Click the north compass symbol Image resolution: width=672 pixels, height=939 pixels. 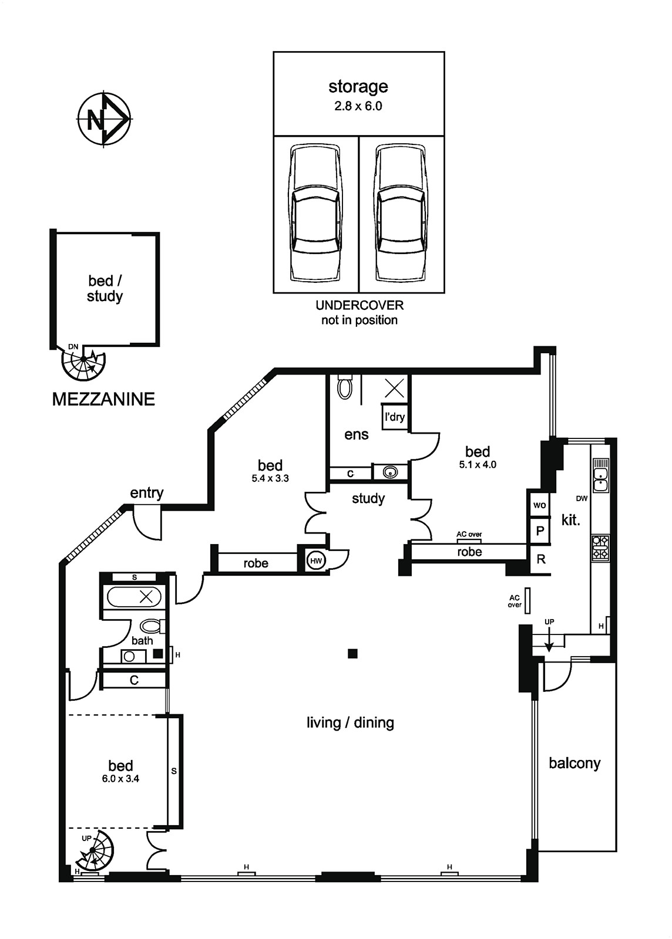click(103, 119)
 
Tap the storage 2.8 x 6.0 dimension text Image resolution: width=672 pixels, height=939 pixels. click(358, 106)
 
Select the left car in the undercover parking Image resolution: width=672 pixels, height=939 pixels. click(316, 214)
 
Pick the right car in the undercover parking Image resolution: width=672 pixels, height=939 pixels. click(402, 214)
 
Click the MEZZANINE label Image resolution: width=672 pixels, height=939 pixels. click(103, 399)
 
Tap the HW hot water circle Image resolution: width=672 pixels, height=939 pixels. click(316, 560)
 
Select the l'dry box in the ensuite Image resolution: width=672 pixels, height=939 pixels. click(394, 417)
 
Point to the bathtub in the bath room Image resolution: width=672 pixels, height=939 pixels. click(135, 596)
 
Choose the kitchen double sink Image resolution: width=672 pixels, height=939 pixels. click(601, 475)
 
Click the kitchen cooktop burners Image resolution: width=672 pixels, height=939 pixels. click(601, 548)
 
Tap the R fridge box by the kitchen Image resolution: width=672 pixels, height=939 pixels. click(540, 559)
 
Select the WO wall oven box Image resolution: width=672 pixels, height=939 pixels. click(539, 505)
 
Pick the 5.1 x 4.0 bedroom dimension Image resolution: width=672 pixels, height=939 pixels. click(478, 464)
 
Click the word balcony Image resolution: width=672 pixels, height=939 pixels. click(574, 764)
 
